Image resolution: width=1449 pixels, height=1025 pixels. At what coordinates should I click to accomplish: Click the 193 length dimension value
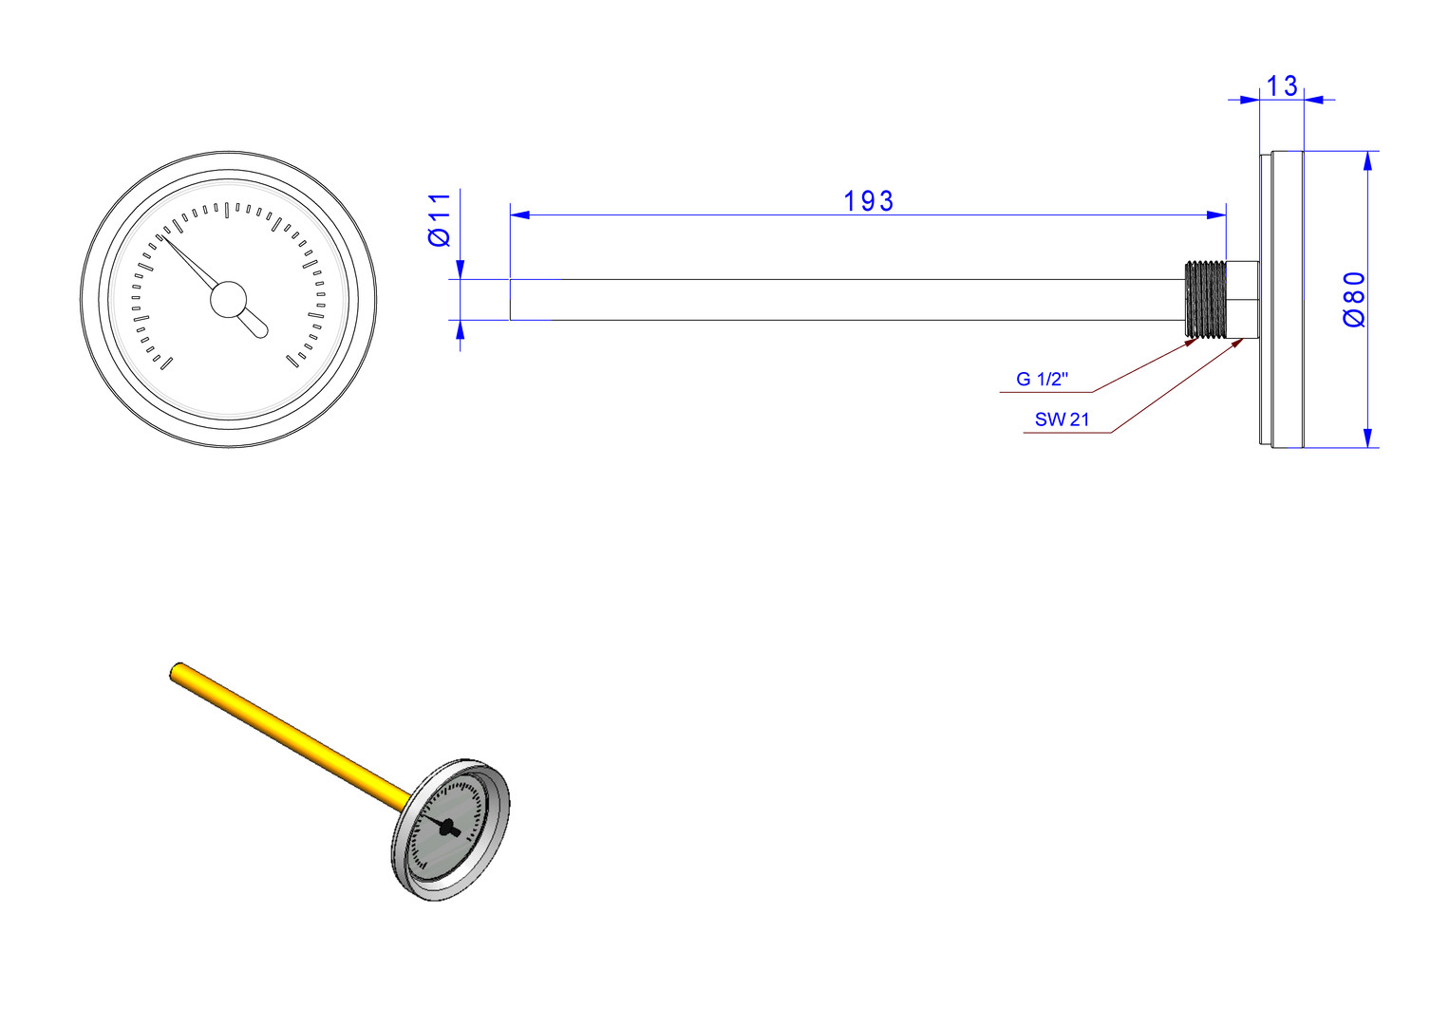tap(868, 201)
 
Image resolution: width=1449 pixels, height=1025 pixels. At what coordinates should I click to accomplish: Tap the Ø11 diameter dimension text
tap(440, 220)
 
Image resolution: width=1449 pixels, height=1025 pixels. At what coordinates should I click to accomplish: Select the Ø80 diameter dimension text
tap(1354, 299)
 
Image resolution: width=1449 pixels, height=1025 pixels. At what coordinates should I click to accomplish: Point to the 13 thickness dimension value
tap(1282, 86)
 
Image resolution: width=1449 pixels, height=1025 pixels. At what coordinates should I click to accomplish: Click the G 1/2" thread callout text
tap(1042, 379)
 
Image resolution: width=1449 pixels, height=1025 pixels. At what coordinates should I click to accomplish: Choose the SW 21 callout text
tap(1063, 419)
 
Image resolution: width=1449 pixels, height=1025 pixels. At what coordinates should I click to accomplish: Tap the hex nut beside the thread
tap(1242, 299)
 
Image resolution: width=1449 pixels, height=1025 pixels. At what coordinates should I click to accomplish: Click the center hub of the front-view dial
tap(228, 299)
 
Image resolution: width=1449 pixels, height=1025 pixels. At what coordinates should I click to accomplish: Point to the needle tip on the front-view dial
tap(161, 235)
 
